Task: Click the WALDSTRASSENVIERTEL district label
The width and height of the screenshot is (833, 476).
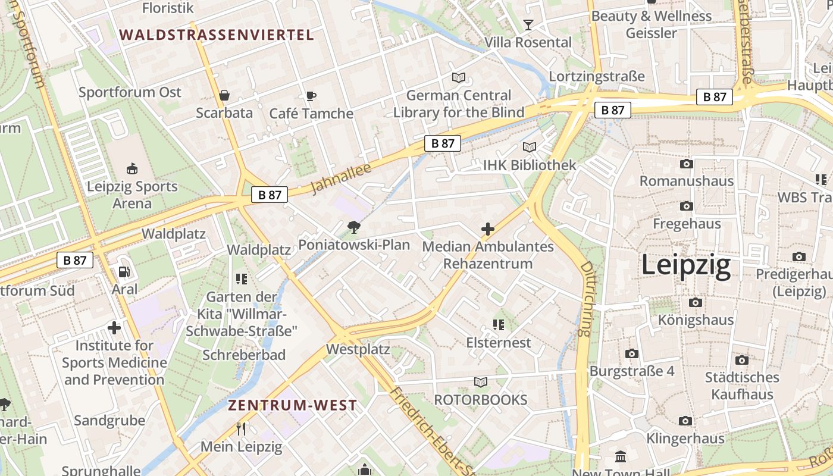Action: pos(217,35)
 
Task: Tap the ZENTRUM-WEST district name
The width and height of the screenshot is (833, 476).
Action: pos(293,406)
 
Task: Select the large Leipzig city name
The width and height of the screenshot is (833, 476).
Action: pos(686,265)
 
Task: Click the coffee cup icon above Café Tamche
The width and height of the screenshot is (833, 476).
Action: pos(311,96)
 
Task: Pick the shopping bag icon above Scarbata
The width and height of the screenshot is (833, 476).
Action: pos(224,95)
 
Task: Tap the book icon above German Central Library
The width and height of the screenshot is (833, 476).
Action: pos(458,77)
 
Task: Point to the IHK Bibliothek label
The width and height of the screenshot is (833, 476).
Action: pos(530,165)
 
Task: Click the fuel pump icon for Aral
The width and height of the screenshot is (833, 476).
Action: pos(124,271)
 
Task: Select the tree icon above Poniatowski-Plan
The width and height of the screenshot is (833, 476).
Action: pos(354,227)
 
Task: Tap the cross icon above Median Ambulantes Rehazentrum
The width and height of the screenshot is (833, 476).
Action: pos(488,228)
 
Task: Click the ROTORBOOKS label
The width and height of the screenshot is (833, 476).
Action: pos(481,400)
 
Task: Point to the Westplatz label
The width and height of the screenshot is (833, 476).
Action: pos(358,349)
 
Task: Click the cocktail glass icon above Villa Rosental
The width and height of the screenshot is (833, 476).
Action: pos(528,24)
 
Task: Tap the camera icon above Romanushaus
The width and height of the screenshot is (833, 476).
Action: pos(686,164)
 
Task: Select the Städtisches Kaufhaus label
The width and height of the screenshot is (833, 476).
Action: pos(742,386)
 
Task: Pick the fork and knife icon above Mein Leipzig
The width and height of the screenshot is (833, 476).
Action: pos(241,429)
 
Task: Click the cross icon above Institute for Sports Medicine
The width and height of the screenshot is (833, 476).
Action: pos(114,327)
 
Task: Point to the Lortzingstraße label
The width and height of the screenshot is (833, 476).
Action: pos(597,76)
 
